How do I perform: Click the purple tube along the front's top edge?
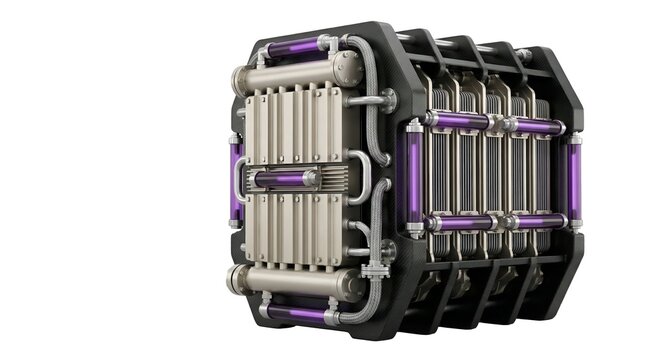(294, 46)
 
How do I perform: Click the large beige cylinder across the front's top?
(291, 73)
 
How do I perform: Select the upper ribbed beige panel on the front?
(294, 125)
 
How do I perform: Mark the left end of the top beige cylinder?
(240, 79)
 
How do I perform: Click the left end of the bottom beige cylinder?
(236, 280)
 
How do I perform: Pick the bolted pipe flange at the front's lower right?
(373, 270)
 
